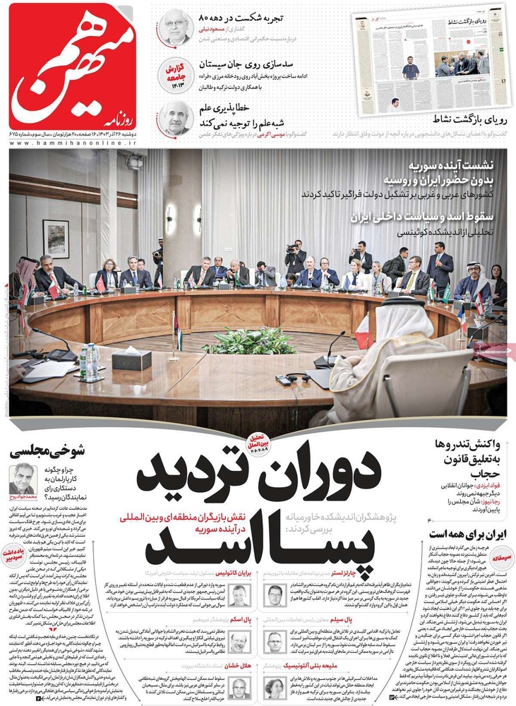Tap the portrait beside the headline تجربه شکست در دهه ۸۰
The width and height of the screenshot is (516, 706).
tap(174, 28)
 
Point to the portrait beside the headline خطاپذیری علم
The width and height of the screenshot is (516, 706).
tap(174, 116)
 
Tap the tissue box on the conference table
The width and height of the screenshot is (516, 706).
tap(131, 359)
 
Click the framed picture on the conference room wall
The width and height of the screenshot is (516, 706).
tap(56, 239)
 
